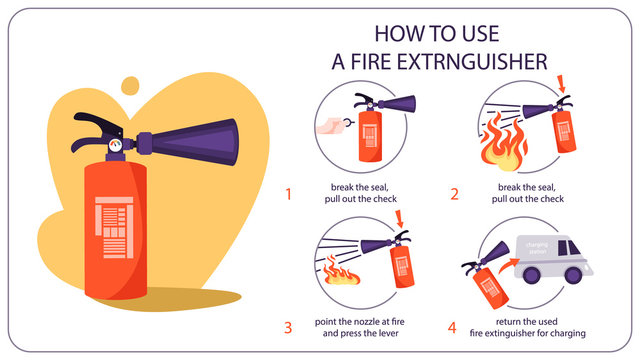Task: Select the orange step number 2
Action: pos(453,194)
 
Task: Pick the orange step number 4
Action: pos(453,326)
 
